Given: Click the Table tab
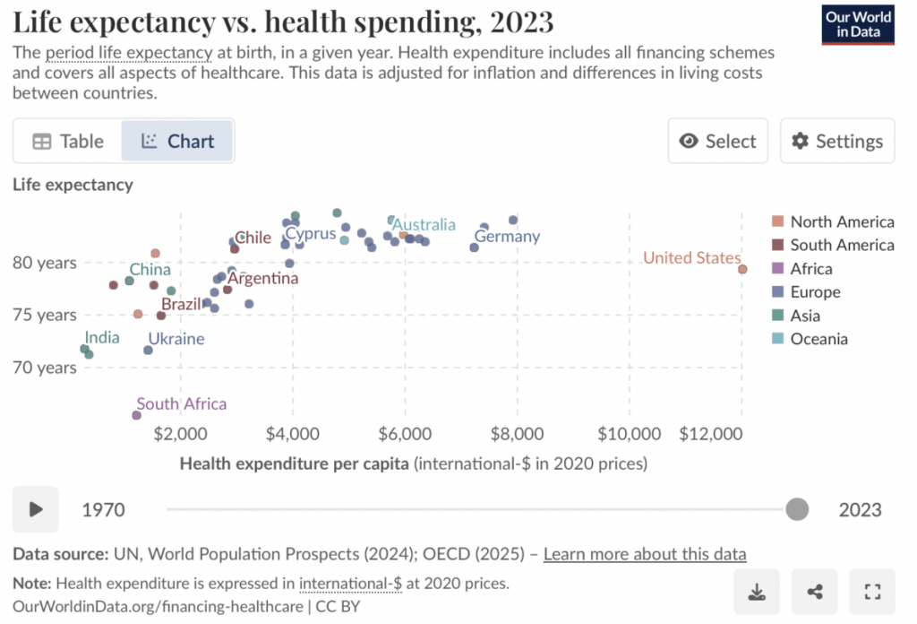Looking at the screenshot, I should [68, 142].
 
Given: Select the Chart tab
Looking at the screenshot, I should [177, 142].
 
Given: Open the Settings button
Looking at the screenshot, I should [837, 142].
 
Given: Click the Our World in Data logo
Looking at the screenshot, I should [858, 25].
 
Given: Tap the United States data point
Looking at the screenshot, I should [742, 269].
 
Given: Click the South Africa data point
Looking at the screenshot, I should [136, 415].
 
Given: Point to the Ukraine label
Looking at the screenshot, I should [176, 339].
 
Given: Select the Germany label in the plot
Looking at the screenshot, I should [507, 237].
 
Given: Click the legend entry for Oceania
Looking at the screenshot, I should [818, 339].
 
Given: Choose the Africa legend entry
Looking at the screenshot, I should [810, 269].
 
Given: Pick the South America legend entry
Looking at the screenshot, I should [842, 245].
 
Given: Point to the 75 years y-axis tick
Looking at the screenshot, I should [45, 315].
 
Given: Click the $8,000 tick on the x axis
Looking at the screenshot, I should [518, 433].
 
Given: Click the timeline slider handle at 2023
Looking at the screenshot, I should [796, 509].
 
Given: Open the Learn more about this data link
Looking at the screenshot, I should [645, 554].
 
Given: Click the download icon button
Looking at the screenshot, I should [757, 591].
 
